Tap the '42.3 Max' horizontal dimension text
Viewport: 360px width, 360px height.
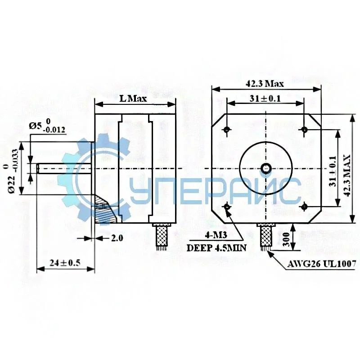coord(265,83)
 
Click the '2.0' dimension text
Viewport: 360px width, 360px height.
coord(117,238)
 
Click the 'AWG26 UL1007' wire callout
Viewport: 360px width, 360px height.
coord(322,264)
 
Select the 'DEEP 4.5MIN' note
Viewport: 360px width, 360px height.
coord(215,247)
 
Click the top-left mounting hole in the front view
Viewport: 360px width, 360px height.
coord(227,130)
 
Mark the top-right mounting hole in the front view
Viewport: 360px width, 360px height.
coord(304,130)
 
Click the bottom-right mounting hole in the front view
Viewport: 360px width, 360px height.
coord(304,207)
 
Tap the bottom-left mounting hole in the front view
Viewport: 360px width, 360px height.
coord(227,207)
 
